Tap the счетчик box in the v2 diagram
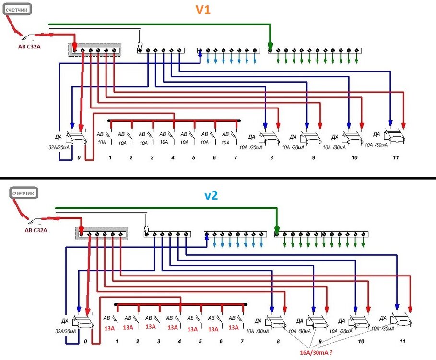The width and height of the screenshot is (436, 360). [24, 193]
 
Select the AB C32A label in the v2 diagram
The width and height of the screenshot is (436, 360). [36, 230]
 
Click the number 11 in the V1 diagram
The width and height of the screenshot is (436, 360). [395, 157]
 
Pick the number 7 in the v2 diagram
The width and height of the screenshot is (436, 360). [242, 341]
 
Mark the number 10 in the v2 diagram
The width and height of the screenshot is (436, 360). [361, 341]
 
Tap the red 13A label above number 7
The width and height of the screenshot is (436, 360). [234, 328]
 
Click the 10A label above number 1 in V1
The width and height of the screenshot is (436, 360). [101, 143]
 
